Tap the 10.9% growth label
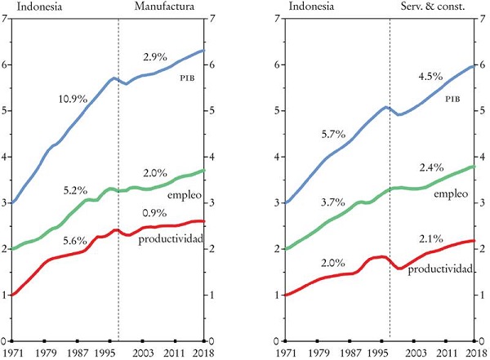73,100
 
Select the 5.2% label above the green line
75,190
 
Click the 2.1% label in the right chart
430,238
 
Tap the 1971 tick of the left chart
11,352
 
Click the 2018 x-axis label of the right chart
474,352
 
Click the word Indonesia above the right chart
310,7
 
